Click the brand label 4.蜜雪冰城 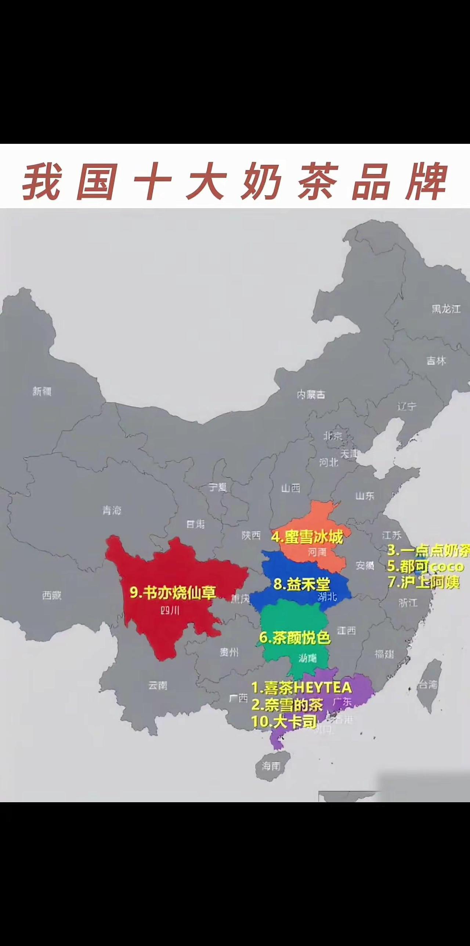307,537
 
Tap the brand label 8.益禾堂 302,583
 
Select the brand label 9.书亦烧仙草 173,592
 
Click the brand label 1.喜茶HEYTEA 302,687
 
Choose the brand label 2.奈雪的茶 287,704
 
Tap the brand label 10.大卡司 284,722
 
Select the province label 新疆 42,392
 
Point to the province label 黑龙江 446,309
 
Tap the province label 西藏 51,595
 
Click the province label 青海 112,510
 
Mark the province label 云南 158,685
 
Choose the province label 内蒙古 311,395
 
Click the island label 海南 271,766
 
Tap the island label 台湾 428,684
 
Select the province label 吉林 436,361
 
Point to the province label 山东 365,496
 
